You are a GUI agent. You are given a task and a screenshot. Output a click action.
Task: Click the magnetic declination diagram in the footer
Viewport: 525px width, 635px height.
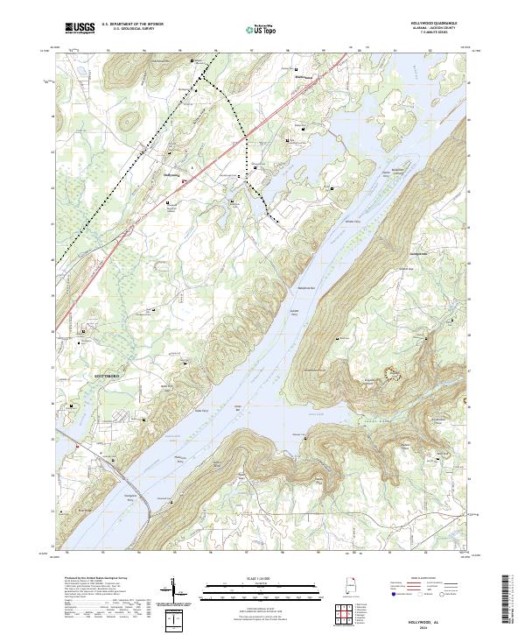click(178, 592)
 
